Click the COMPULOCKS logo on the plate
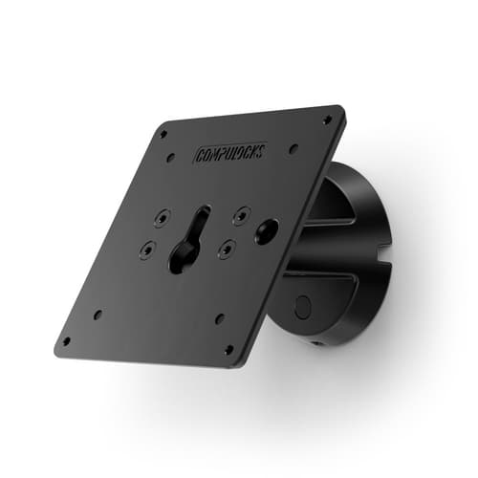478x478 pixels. pyautogui.click(x=229, y=150)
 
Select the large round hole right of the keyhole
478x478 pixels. pyautogui.click(x=266, y=229)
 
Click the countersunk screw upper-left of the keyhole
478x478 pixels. pyautogui.click(x=161, y=219)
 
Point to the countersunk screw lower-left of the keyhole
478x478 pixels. pyautogui.click(x=146, y=250)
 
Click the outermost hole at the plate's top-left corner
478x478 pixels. pyautogui.click(x=163, y=134)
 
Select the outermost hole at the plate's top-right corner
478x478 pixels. pyautogui.click(x=327, y=119)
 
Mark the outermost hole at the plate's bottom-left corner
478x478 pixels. pyautogui.click(x=66, y=340)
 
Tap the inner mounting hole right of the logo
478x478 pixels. pyautogui.click(x=293, y=148)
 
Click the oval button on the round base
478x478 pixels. pyautogui.click(x=303, y=307)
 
